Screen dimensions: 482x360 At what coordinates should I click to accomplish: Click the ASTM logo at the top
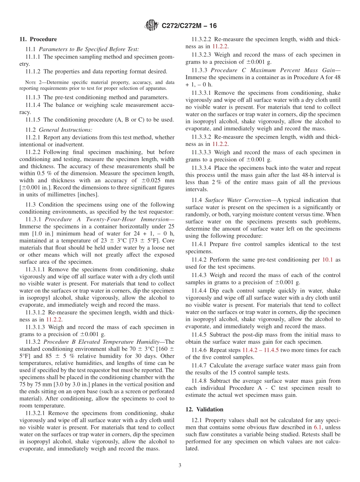[x=152, y=26]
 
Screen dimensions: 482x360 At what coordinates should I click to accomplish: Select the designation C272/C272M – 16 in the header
[x=189, y=26]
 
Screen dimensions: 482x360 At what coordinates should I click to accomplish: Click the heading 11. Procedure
[x=38, y=39]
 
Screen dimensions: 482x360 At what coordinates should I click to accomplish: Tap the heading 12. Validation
[x=204, y=409]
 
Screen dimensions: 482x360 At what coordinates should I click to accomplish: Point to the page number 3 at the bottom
[x=180, y=465]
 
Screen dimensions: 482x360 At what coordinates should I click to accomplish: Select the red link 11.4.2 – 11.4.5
[x=260, y=350]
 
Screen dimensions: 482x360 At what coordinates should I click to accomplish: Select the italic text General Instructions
[x=63, y=130]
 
